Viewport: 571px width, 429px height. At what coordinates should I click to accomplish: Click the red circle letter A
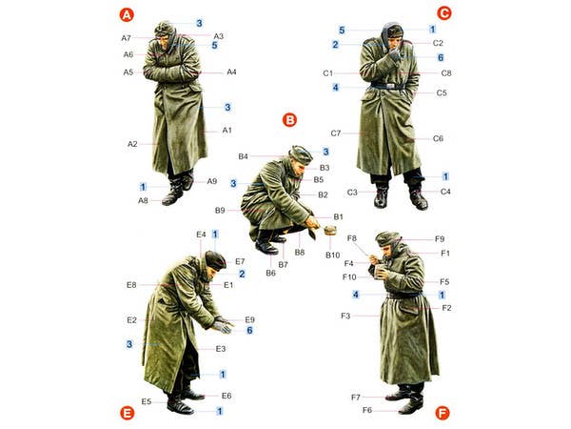pyautogui.click(x=127, y=15)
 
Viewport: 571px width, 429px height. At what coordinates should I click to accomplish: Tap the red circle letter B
pyautogui.click(x=289, y=120)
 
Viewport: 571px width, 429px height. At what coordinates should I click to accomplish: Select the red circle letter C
pyautogui.click(x=443, y=13)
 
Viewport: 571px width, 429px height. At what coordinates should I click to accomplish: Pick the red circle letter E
pyautogui.click(x=127, y=414)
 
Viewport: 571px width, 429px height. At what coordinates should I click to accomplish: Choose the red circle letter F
pyautogui.click(x=443, y=414)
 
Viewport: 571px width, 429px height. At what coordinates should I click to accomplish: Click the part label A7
pyautogui.click(x=126, y=38)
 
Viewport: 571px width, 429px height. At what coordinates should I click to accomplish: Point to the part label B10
pyautogui.click(x=332, y=255)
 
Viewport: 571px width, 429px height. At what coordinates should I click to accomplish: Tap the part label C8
pyautogui.click(x=446, y=73)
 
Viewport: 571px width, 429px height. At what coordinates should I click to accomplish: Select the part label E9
pyautogui.click(x=249, y=320)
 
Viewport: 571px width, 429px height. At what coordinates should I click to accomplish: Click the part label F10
pyautogui.click(x=349, y=277)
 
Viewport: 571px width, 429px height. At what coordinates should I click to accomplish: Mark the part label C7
pyautogui.click(x=335, y=133)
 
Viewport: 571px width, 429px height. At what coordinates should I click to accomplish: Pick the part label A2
pyautogui.click(x=132, y=144)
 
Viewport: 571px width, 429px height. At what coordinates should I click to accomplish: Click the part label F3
pyautogui.click(x=345, y=316)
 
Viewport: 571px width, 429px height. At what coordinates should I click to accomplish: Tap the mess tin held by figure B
pyautogui.click(x=330, y=230)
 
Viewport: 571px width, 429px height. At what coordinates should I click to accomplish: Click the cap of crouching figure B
pyautogui.click(x=301, y=154)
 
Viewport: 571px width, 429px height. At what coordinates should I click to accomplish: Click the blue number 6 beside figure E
pyautogui.click(x=249, y=330)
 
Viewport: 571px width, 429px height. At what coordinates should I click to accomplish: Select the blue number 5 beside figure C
pyautogui.click(x=342, y=31)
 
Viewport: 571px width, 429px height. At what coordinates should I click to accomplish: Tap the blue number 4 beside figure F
pyautogui.click(x=355, y=295)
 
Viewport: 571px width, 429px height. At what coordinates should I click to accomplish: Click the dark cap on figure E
pyautogui.click(x=215, y=260)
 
